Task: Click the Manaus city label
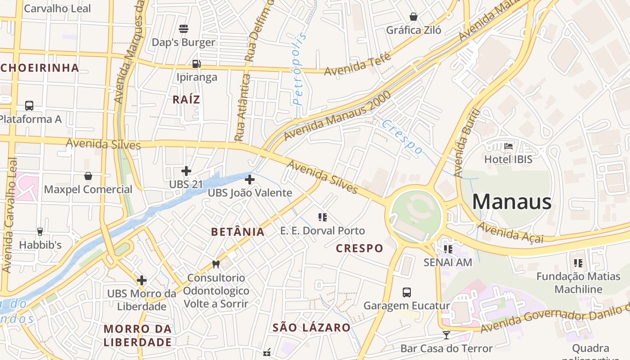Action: coord(512,202)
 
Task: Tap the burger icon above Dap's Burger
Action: coord(184,29)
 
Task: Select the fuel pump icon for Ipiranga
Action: coord(196,64)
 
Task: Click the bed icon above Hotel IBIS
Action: coord(508,146)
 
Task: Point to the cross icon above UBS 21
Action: coord(186,171)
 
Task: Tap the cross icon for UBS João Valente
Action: coord(250,180)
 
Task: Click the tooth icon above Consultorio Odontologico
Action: coord(216,265)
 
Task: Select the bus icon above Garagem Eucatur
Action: coord(407,292)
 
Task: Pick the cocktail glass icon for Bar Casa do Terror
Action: coord(446,335)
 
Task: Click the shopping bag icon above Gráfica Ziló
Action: coord(414,17)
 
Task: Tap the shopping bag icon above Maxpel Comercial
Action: coord(88,176)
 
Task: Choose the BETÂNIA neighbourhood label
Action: coord(238,232)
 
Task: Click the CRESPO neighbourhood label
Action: coord(360,248)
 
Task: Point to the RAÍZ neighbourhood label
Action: coord(186,100)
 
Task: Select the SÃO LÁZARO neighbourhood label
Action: coord(311,328)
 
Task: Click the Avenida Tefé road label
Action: coord(358,65)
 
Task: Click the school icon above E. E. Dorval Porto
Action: coord(322,218)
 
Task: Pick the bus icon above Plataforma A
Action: coord(29,106)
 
